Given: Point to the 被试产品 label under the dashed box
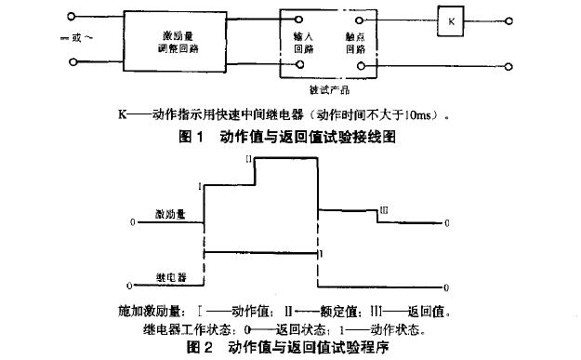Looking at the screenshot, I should pos(328,90).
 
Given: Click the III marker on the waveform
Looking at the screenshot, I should pos(383,211).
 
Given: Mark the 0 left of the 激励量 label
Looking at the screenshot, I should pos(133,223).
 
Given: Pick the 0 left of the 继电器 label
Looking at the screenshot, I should pos(129,286).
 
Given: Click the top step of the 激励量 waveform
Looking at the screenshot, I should pos(287,160).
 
